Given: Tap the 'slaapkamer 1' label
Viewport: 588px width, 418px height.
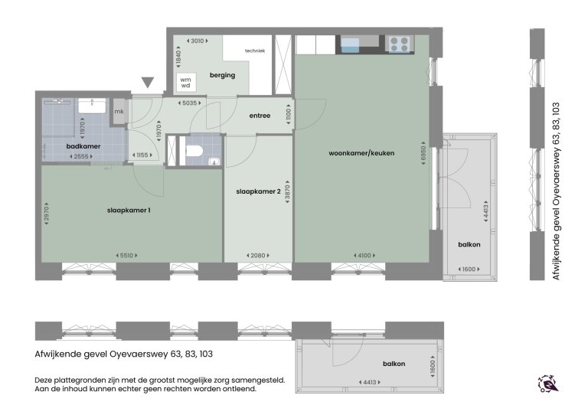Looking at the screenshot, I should coord(128,211).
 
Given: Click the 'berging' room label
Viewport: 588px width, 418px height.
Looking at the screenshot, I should coord(221,75).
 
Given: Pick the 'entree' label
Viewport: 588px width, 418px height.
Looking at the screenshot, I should coord(260,116).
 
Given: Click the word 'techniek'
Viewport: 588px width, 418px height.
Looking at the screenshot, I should coord(254,51).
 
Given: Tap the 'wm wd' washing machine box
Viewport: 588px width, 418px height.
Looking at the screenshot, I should coord(185,82).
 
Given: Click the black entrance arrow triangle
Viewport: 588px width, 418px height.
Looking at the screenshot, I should coord(148,83).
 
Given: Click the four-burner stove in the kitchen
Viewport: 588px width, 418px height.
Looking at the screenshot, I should coord(399,45).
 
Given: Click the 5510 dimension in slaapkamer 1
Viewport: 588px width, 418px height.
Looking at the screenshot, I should coord(126,256).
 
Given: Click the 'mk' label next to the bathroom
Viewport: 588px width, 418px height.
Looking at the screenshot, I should coord(119,112).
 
